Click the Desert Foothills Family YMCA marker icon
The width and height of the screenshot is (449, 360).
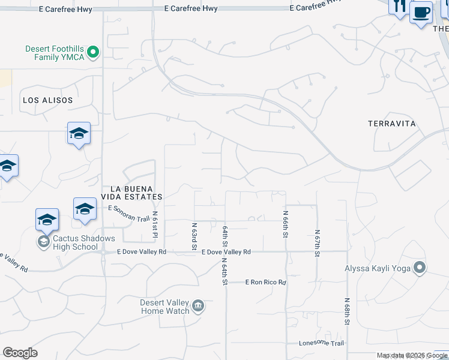(92, 53)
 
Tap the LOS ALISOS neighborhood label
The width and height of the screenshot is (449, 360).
(47, 100)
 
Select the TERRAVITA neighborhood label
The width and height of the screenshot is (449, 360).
(391, 124)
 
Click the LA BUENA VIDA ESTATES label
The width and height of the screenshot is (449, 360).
(132, 193)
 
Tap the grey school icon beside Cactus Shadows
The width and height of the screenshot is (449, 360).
(43, 242)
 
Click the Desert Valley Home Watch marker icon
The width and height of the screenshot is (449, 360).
(198, 307)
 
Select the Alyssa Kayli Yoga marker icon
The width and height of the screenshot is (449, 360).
(420, 268)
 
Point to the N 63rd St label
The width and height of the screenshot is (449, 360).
(194, 236)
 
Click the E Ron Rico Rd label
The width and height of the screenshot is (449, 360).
(265, 282)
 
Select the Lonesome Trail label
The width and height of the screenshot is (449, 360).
(322, 343)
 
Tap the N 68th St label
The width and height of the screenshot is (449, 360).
(347, 311)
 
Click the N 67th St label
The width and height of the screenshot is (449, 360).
(316, 243)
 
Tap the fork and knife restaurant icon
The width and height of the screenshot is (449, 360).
(399, 7)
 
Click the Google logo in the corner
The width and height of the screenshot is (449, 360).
(20, 353)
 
